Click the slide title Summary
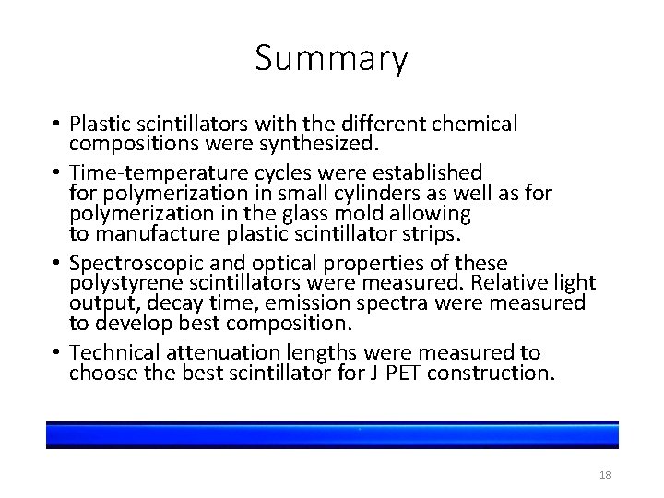coord(332,59)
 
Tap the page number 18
coord(605,475)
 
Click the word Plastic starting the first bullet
coord(98,124)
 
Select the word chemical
coord(475,124)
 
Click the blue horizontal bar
coord(332,434)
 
